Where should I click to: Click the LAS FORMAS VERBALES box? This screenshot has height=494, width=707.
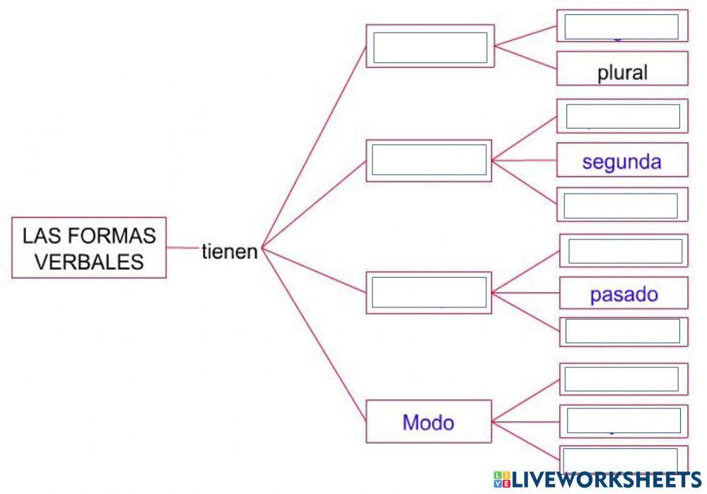[x=89, y=247]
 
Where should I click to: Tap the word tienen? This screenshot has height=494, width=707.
[x=229, y=252]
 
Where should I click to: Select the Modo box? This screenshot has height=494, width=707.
[x=428, y=422]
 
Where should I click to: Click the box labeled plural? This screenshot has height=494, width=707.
[x=622, y=72]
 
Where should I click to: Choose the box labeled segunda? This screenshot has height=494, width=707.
[x=622, y=161]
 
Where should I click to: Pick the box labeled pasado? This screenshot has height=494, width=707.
[x=624, y=294]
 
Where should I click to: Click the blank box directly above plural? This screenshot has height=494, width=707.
[x=622, y=27]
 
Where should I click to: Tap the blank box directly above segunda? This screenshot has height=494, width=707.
[x=622, y=116]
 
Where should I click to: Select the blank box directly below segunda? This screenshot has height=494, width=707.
[x=622, y=206]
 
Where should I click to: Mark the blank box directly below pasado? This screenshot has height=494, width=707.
[x=624, y=331]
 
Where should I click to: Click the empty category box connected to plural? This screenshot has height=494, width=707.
[x=430, y=47]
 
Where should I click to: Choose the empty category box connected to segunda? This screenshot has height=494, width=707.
[x=429, y=160]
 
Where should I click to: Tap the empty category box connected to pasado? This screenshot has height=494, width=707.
[x=429, y=292]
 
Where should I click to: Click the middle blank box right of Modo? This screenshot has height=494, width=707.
[x=624, y=421]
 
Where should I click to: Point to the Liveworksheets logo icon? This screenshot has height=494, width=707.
[x=502, y=480]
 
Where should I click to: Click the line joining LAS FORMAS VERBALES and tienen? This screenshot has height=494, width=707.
[x=182, y=248]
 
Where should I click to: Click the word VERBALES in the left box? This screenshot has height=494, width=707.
[x=89, y=262]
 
